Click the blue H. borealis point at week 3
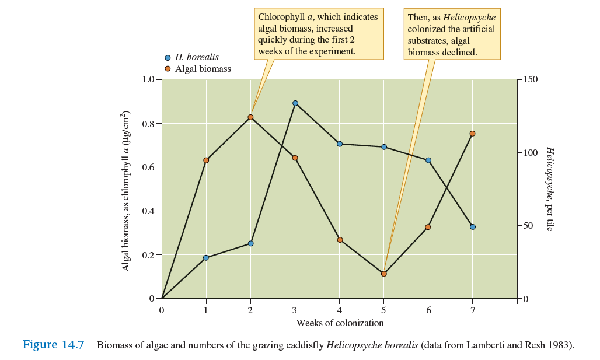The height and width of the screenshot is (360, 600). tap(295, 103)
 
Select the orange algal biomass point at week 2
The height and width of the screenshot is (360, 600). tap(250, 117)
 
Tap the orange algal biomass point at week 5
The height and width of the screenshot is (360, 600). tap(383, 274)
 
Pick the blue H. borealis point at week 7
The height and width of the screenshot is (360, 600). tap(473, 227)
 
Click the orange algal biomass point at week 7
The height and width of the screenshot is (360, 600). tap(473, 134)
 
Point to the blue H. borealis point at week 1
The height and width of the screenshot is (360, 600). tap(206, 258)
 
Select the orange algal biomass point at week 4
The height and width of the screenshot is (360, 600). tap(340, 240)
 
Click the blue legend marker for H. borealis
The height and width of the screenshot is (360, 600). tap(168, 58)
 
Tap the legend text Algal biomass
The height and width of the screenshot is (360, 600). tap(203, 69)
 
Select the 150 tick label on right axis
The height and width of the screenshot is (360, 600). tap(530, 79)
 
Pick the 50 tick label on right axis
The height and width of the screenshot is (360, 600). tap(528, 226)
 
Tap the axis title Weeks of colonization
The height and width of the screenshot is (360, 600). tap(340, 323)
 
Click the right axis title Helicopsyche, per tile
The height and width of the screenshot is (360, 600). tap(549, 188)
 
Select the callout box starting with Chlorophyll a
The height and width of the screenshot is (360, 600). tap(318, 34)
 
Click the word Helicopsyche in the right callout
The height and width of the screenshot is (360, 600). tap(469, 18)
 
